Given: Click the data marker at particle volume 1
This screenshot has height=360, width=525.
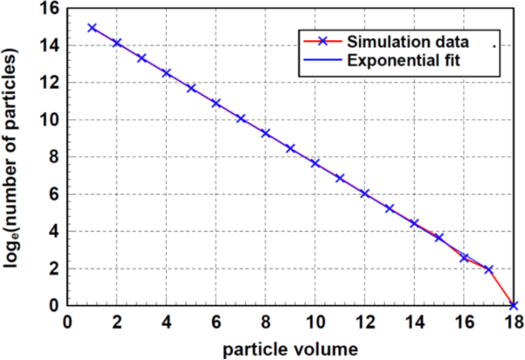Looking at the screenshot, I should pos(92,28).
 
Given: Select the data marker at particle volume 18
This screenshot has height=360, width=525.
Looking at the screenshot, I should pos(514,305).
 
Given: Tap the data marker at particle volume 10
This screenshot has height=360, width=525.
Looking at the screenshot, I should pos(316,163).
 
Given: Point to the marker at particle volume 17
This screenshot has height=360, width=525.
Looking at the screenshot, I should pos(489,270).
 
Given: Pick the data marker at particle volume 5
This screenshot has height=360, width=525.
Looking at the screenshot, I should pos(191,89).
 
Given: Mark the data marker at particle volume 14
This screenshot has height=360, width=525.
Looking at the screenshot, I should pos(415,223).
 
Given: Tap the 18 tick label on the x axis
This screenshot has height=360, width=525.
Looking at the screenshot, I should pos(513,321).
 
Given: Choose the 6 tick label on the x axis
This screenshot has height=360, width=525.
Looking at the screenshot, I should pos(216,321).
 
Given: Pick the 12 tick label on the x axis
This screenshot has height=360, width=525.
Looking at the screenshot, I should pos(364,321).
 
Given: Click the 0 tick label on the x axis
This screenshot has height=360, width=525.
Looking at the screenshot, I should pos(68,321).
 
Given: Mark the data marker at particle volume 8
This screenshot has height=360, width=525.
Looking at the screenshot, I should pos(266,133).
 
